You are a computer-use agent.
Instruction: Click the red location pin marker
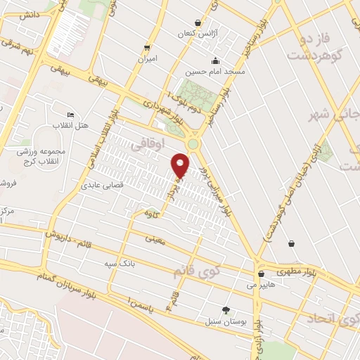(x=181, y=165)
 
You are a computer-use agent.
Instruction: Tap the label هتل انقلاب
(x=72, y=124)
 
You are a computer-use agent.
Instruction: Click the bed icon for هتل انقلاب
(x=70, y=115)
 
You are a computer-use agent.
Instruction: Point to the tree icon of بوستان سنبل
(x=226, y=310)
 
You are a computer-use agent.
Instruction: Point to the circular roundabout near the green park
(x=193, y=145)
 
